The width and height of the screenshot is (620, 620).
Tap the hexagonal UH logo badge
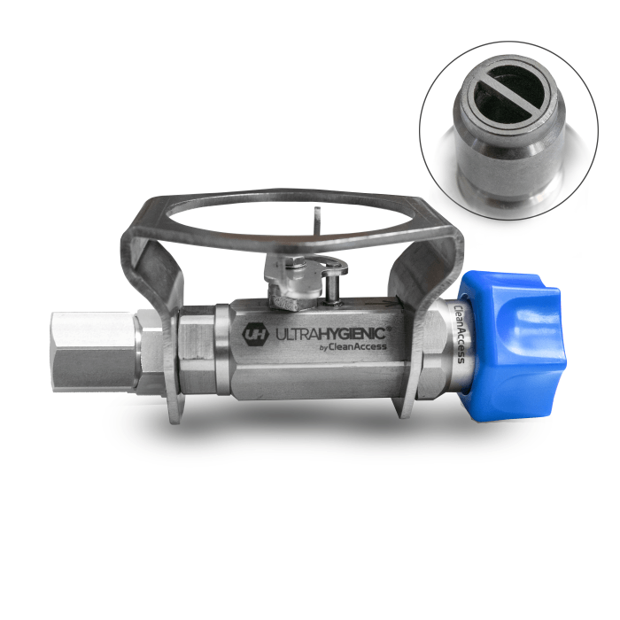(255, 335)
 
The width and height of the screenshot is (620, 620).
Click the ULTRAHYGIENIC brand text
(330, 334)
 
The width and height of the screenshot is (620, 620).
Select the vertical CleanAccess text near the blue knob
(459, 334)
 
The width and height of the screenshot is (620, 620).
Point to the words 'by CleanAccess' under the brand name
(353, 347)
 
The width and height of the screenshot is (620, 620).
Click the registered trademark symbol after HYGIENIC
(389, 329)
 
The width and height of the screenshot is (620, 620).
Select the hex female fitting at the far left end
(95, 352)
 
